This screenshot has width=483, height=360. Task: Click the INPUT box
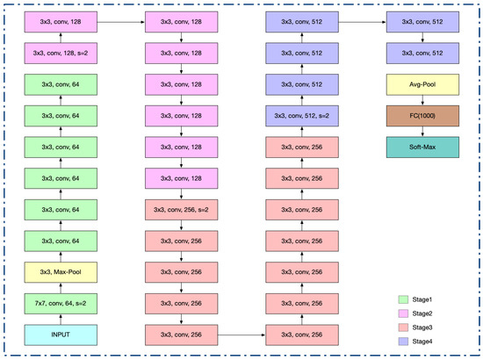60,335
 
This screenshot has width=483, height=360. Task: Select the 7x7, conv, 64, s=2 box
60,304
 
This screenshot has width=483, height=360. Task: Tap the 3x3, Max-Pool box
60,272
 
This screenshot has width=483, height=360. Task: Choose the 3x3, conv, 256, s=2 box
180,210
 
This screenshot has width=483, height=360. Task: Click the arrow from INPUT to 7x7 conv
60,320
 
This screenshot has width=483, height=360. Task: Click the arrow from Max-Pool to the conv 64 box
60,256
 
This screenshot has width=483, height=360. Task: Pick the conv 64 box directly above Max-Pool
60,241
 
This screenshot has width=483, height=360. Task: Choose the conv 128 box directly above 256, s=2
180,179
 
